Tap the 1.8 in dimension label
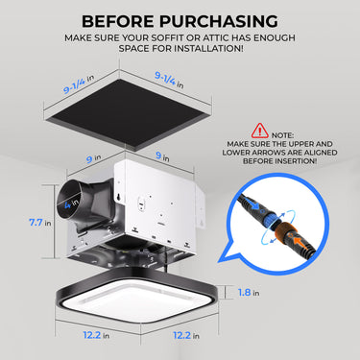(x=247, y=291)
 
